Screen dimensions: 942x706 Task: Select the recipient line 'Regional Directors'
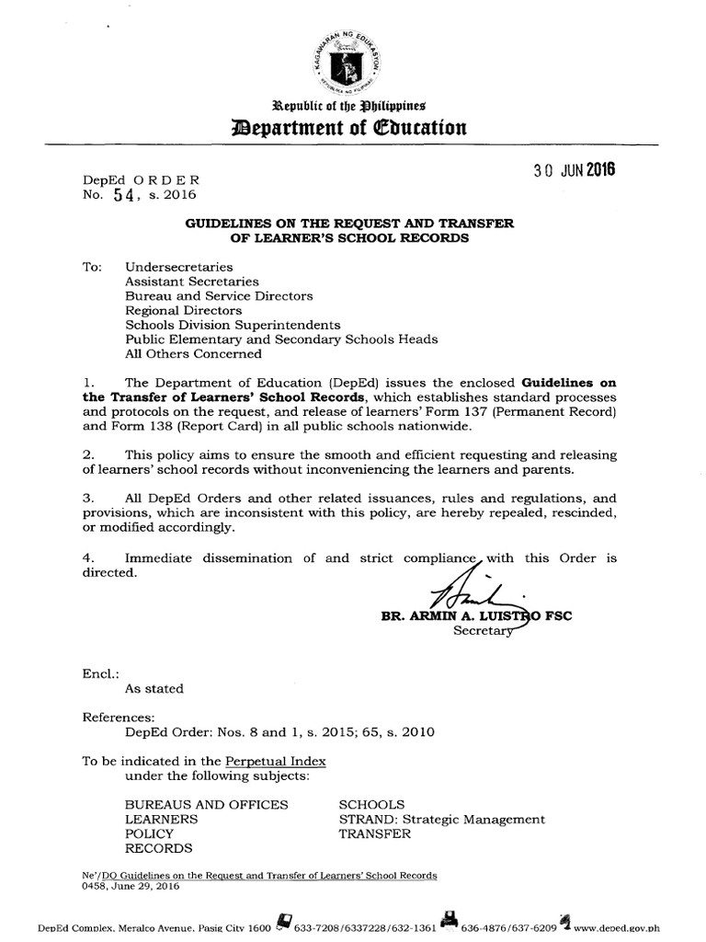(x=183, y=311)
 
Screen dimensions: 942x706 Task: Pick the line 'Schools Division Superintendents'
(x=233, y=325)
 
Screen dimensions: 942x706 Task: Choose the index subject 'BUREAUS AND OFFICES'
(x=206, y=805)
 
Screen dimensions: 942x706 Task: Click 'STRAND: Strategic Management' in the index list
(x=441, y=820)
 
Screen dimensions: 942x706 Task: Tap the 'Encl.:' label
(x=100, y=672)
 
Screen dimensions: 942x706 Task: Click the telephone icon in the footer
(x=283, y=921)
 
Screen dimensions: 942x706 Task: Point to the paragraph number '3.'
(x=88, y=498)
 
